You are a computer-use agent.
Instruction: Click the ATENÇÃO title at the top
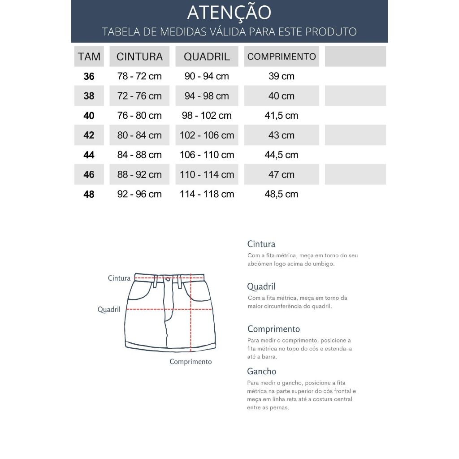[x=229, y=13]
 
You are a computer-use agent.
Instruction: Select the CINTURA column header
[x=139, y=56]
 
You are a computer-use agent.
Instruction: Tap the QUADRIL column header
[x=207, y=56]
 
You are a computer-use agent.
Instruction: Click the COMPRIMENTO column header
[x=281, y=56]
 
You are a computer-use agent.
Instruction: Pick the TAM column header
[x=89, y=56]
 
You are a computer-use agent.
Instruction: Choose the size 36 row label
[x=89, y=76]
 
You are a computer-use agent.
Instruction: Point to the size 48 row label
[x=89, y=194]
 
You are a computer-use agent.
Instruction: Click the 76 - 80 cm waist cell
[x=139, y=116]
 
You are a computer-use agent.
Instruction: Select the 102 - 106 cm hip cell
[x=207, y=135]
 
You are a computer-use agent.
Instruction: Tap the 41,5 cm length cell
[x=281, y=116]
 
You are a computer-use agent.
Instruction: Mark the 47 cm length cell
[x=281, y=175]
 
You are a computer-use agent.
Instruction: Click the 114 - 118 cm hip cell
[x=207, y=194]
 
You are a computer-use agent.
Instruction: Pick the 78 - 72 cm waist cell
[x=139, y=76]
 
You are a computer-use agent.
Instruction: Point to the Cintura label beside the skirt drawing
[x=119, y=278]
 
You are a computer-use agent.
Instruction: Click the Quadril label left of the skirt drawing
[x=109, y=309]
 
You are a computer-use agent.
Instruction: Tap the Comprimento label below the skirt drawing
[x=191, y=361]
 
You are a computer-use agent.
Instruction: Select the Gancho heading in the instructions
[x=262, y=371]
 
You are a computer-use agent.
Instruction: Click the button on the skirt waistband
[x=168, y=279]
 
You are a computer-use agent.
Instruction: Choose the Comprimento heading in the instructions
[x=273, y=329]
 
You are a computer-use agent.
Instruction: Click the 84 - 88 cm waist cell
[x=139, y=155]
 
